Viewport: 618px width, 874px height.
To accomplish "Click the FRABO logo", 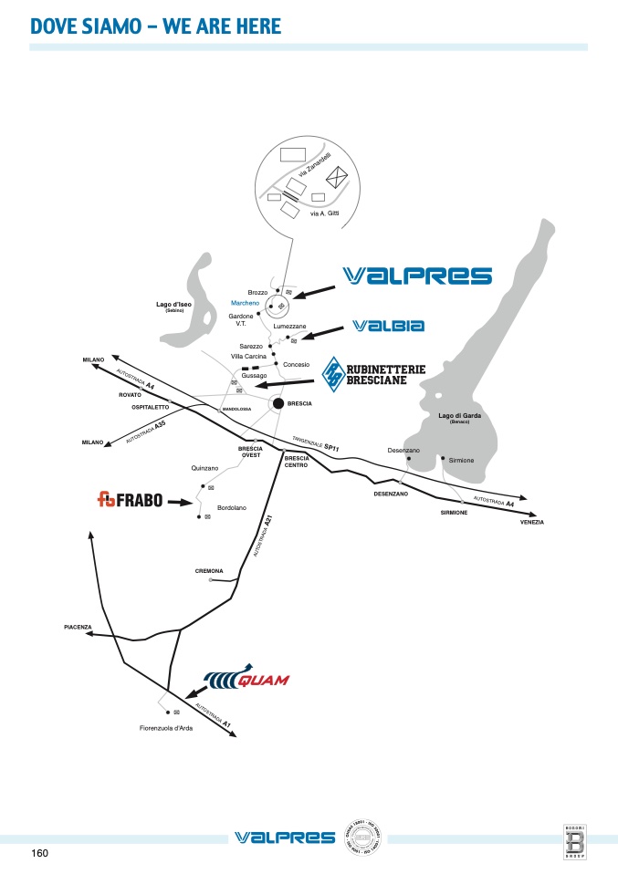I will [130, 499].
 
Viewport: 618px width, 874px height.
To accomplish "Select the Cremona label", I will [209, 570].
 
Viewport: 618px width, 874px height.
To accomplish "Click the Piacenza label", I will [79, 627].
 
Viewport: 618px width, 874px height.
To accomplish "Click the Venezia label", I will [532, 522].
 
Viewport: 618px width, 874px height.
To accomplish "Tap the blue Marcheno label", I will [246, 302].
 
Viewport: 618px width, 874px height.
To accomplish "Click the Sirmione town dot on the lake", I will [443, 458].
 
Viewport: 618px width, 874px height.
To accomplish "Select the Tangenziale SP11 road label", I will [316, 444].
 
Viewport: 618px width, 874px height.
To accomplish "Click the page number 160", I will [39, 853].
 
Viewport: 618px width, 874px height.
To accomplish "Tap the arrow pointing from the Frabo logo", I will [183, 501].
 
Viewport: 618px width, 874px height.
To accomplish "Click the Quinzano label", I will [204, 467].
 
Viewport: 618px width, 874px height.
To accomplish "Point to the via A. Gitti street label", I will [325, 213].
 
